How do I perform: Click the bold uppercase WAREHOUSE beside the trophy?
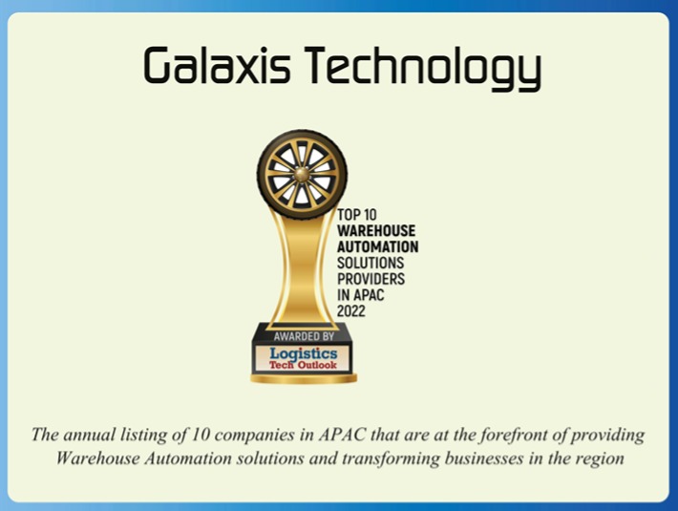[x=377, y=230]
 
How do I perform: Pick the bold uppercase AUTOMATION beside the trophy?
[x=378, y=246]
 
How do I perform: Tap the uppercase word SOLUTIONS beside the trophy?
[x=371, y=262]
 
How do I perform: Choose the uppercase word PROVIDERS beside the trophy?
[x=371, y=278]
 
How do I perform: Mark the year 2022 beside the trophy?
[x=352, y=310]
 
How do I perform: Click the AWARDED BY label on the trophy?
[x=304, y=336]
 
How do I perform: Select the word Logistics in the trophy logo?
[x=304, y=352]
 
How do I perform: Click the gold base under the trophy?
[x=304, y=378]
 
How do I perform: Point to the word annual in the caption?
[x=90, y=436]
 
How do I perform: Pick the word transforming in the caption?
[x=413, y=458]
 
